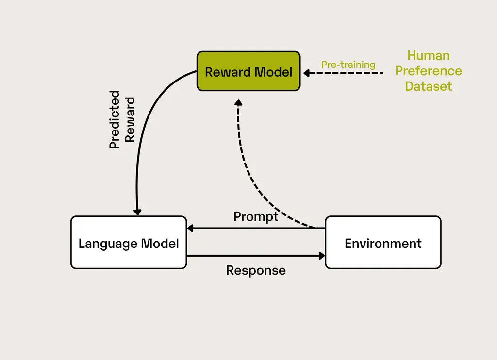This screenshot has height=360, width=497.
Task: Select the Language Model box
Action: pyautogui.click(x=129, y=242)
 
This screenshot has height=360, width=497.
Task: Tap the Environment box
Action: pyautogui.click(x=383, y=242)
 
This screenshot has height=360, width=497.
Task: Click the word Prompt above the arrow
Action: pyautogui.click(x=256, y=216)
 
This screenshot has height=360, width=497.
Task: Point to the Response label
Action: pyautogui.click(x=256, y=270)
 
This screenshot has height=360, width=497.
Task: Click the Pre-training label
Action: pyautogui.click(x=348, y=65)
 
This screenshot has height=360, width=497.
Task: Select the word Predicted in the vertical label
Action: pyautogui.click(x=115, y=119)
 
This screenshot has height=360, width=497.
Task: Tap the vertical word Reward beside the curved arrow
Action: pyautogui.click(x=130, y=119)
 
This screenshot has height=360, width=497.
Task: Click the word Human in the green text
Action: pyautogui.click(x=428, y=55)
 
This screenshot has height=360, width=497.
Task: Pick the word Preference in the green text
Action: pyautogui.click(x=428, y=71)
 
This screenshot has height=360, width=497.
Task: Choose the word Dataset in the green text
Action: pyautogui.click(x=428, y=86)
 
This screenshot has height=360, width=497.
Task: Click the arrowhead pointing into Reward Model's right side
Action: pyautogui.click(x=307, y=73)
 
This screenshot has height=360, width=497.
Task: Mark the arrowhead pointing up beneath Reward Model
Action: pyautogui.click(x=238, y=103)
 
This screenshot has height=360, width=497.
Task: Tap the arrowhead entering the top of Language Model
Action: pyautogui.click(x=137, y=212)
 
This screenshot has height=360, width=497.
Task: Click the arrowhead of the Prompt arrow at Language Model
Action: pyautogui.click(x=190, y=228)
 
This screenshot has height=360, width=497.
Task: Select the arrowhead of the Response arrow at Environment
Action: pyautogui.click(x=321, y=255)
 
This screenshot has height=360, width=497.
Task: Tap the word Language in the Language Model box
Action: pyautogui.click(x=108, y=243)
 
